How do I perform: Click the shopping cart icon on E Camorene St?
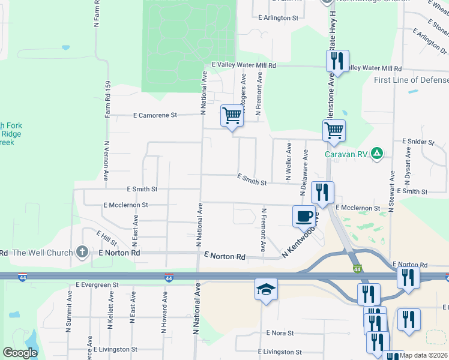(x=232, y=115)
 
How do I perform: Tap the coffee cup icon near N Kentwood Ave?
(x=304, y=215)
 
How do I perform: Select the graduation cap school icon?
(x=266, y=289)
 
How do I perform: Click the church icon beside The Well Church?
(x=82, y=253)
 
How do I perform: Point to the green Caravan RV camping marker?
(x=376, y=154)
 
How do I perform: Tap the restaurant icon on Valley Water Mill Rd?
(x=337, y=61)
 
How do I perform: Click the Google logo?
(x=20, y=353)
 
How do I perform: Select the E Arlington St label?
(x=279, y=19)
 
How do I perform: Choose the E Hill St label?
(x=107, y=237)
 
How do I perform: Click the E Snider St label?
(x=418, y=142)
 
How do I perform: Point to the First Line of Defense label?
(x=410, y=80)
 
